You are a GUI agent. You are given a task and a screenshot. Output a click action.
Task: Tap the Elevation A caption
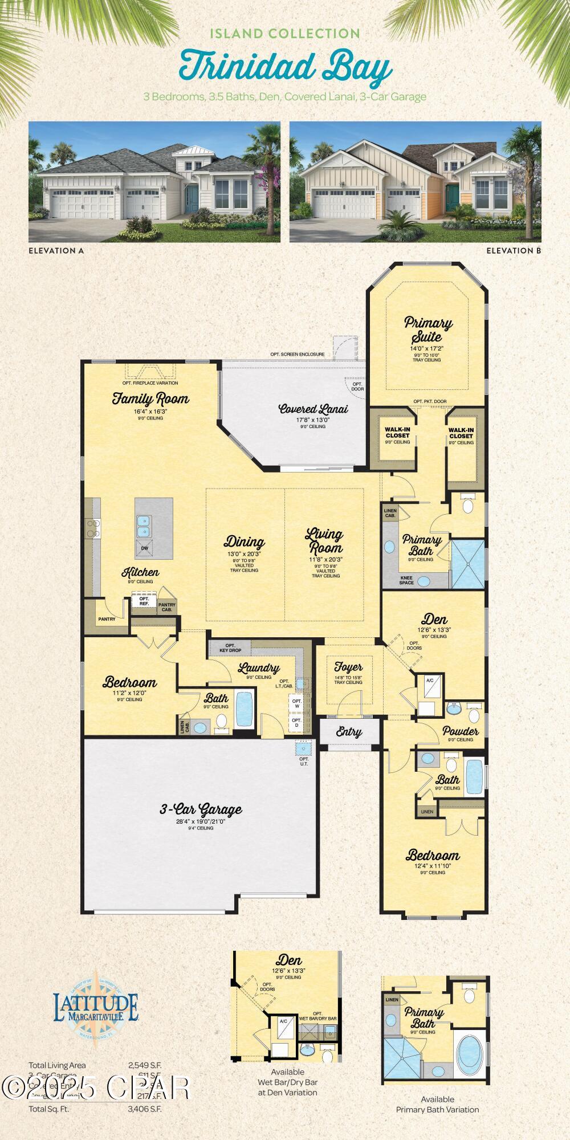point(56,250)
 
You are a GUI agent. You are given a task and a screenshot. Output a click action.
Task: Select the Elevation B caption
point(513,250)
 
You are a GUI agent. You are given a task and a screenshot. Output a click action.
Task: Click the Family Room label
point(150,398)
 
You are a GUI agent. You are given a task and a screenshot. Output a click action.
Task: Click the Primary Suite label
point(428,329)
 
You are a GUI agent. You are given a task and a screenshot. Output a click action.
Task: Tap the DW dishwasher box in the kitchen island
point(144,548)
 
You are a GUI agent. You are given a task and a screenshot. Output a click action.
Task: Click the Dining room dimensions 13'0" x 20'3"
point(244,554)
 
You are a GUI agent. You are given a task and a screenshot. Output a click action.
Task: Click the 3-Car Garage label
point(200,809)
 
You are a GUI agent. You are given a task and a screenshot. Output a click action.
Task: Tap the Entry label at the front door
point(348,732)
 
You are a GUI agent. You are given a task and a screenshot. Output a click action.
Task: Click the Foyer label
point(348,667)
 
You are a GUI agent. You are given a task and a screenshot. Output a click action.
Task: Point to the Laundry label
point(259,668)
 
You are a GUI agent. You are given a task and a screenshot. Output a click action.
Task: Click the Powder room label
point(460,731)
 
